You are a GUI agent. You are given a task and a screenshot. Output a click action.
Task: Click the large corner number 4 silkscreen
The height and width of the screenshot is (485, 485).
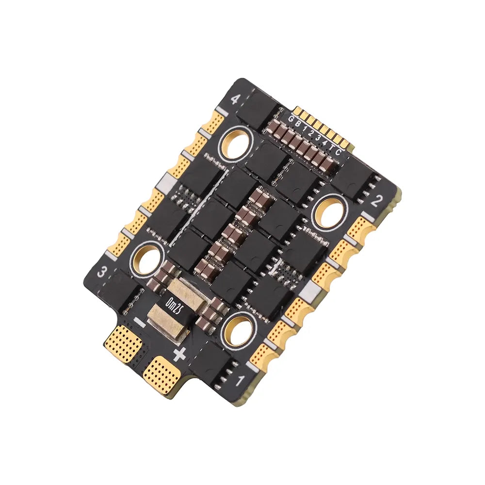click(235, 100)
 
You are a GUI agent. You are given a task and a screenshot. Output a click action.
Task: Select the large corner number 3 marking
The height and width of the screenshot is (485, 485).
click(102, 272)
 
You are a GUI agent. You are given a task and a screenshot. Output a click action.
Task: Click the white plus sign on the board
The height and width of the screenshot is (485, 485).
click(179, 354)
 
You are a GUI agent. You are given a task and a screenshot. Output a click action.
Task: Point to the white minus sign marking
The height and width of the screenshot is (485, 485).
click(139, 322)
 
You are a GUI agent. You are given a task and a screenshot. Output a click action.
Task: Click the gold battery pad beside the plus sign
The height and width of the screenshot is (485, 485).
click(163, 375)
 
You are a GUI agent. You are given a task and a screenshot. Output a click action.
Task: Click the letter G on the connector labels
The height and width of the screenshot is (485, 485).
click(291, 119)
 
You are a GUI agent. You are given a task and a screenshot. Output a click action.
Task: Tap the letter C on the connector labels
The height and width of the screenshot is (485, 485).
click(338, 153)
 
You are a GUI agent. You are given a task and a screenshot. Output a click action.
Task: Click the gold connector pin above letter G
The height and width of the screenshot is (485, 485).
click(297, 111)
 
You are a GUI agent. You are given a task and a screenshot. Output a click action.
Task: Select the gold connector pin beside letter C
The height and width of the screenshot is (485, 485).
click(345, 145)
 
